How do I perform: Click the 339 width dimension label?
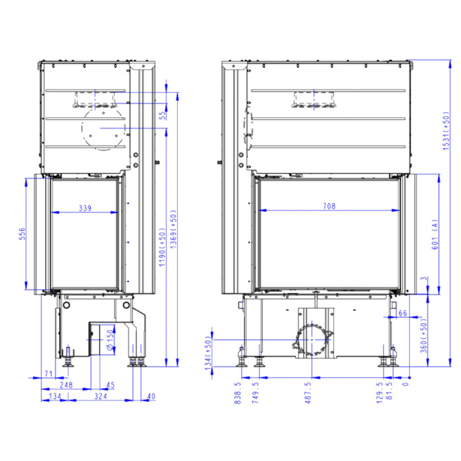(85, 208)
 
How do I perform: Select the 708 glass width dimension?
(329, 206)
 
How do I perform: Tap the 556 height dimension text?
(22, 234)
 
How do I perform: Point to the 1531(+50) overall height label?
(446, 131)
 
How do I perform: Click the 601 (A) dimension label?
(435, 234)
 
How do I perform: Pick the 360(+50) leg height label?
(423, 337)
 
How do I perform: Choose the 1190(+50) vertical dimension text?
(162, 247)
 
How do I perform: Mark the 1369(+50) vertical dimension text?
(173, 229)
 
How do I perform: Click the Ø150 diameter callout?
(110, 340)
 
